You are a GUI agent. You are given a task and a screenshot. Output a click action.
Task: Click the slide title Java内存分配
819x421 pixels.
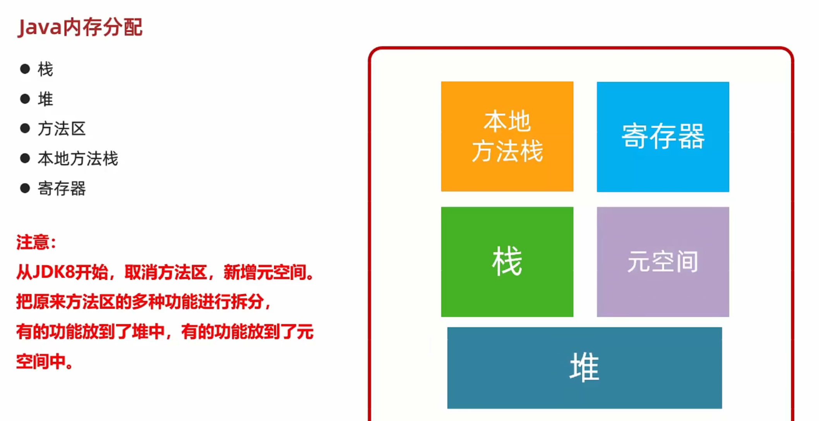point(80,27)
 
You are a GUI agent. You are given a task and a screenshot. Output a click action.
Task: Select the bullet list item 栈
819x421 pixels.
point(45,69)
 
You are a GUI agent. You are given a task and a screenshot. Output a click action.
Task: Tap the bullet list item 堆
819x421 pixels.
point(45,99)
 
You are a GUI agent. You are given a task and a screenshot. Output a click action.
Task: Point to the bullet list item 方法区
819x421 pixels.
point(62,129)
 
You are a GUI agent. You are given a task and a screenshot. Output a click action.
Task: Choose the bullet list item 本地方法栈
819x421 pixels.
point(78,159)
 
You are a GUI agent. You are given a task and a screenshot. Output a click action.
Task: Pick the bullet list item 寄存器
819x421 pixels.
point(62,189)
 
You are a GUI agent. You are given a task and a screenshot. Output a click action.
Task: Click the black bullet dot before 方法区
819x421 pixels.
point(25,129)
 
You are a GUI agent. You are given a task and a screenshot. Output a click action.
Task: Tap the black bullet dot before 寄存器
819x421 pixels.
point(25,189)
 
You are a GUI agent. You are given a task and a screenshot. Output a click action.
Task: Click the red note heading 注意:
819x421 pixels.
point(36,242)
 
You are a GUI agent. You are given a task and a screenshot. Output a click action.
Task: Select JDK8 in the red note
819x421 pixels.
point(53,272)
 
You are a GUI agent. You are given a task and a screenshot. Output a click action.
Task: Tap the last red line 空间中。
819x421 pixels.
point(44,362)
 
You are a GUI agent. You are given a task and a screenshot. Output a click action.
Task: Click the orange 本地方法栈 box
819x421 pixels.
point(507,136)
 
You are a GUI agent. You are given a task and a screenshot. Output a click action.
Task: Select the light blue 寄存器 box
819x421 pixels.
point(663,137)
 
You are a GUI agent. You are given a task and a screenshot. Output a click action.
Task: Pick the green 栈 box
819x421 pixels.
point(507,262)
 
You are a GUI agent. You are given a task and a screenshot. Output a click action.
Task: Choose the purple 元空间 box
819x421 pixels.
point(663,262)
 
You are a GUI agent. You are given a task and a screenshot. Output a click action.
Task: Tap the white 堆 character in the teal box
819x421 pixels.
point(584,367)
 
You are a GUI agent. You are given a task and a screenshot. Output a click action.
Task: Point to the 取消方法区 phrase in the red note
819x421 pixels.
point(165,272)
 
